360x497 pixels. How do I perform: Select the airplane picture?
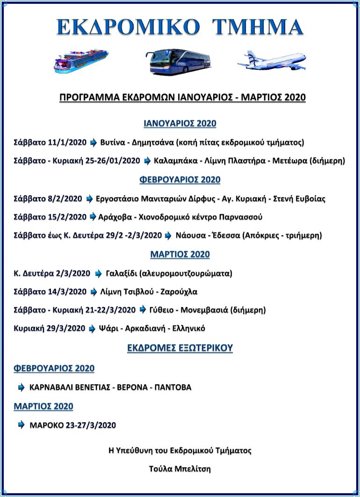click(x=271, y=61)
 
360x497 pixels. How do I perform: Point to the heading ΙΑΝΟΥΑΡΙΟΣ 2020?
click(x=180, y=124)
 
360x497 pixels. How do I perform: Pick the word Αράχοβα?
click(x=115, y=217)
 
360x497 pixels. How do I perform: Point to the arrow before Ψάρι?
click(x=92, y=329)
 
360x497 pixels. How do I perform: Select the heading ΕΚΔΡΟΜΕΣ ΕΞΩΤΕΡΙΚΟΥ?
click(x=180, y=348)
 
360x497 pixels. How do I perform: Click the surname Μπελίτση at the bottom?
click(x=191, y=468)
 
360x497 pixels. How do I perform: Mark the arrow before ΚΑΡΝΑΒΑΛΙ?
click(x=21, y=387)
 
